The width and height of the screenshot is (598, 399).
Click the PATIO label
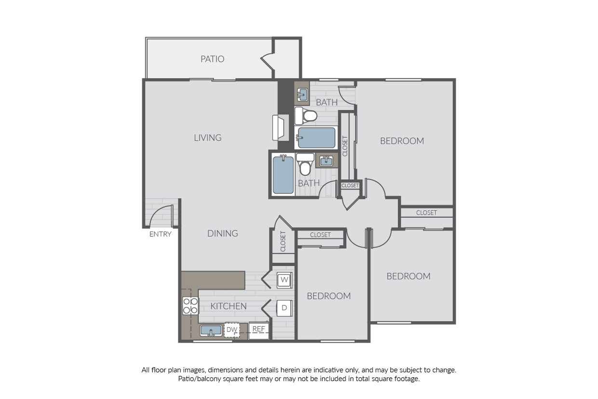coord(212,59)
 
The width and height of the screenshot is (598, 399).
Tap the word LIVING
coord(207,138)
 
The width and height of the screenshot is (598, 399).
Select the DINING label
coord(222,234)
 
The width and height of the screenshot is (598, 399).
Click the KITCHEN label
coord(229,306)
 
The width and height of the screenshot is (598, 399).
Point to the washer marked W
coord(285,279)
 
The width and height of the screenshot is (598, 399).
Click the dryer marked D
coord(285,307)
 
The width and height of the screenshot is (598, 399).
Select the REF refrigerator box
coord(259,330)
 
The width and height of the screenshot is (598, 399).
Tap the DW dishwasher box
coord(232,330)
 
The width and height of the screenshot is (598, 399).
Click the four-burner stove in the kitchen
coord(190,306)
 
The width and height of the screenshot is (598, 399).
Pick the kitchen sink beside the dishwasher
coord(211,330)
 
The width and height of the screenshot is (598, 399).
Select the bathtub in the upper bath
coord(316,138)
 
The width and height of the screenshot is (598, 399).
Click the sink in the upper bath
coord(303,95)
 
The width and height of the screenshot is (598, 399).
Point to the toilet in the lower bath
coord(305,165)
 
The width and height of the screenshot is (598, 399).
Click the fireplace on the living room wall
coord(281,127)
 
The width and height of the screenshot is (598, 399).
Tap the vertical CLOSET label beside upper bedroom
coord(345,146)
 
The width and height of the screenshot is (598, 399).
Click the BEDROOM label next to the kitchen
coord(328,296)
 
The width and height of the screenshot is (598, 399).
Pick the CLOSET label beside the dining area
coord(283,241)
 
